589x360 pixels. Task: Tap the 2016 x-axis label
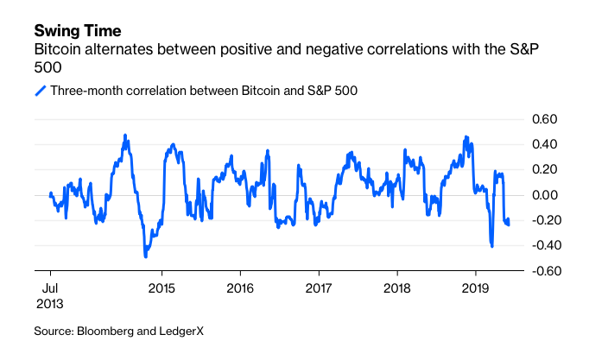click(239, 287)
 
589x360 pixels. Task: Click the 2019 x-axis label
click(475, 287)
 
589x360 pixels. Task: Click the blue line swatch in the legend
click(40, 90)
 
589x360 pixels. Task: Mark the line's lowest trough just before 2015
click(146, 256)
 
